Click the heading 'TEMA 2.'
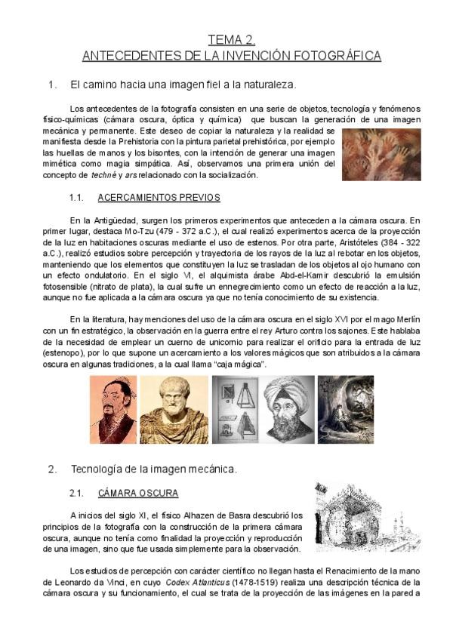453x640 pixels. pyautogui.click(x=231, y=40)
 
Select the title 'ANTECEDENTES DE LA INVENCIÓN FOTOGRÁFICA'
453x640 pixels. pyautogui.click(x=231, y=56)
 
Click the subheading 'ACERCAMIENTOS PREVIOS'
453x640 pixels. pyautogui.click(x=159, y=198)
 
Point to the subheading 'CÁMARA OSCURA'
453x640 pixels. pyautogui.click(x=138, y=494)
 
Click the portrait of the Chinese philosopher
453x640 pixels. pyautogui.click(x=113, y=410)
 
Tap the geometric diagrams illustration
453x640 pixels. pyautogui.click(x=235, y=410)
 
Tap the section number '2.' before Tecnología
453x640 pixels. pyautogui.click(x=52, y=469)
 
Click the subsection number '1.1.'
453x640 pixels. pyautogui.click(x=75, y=198)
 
